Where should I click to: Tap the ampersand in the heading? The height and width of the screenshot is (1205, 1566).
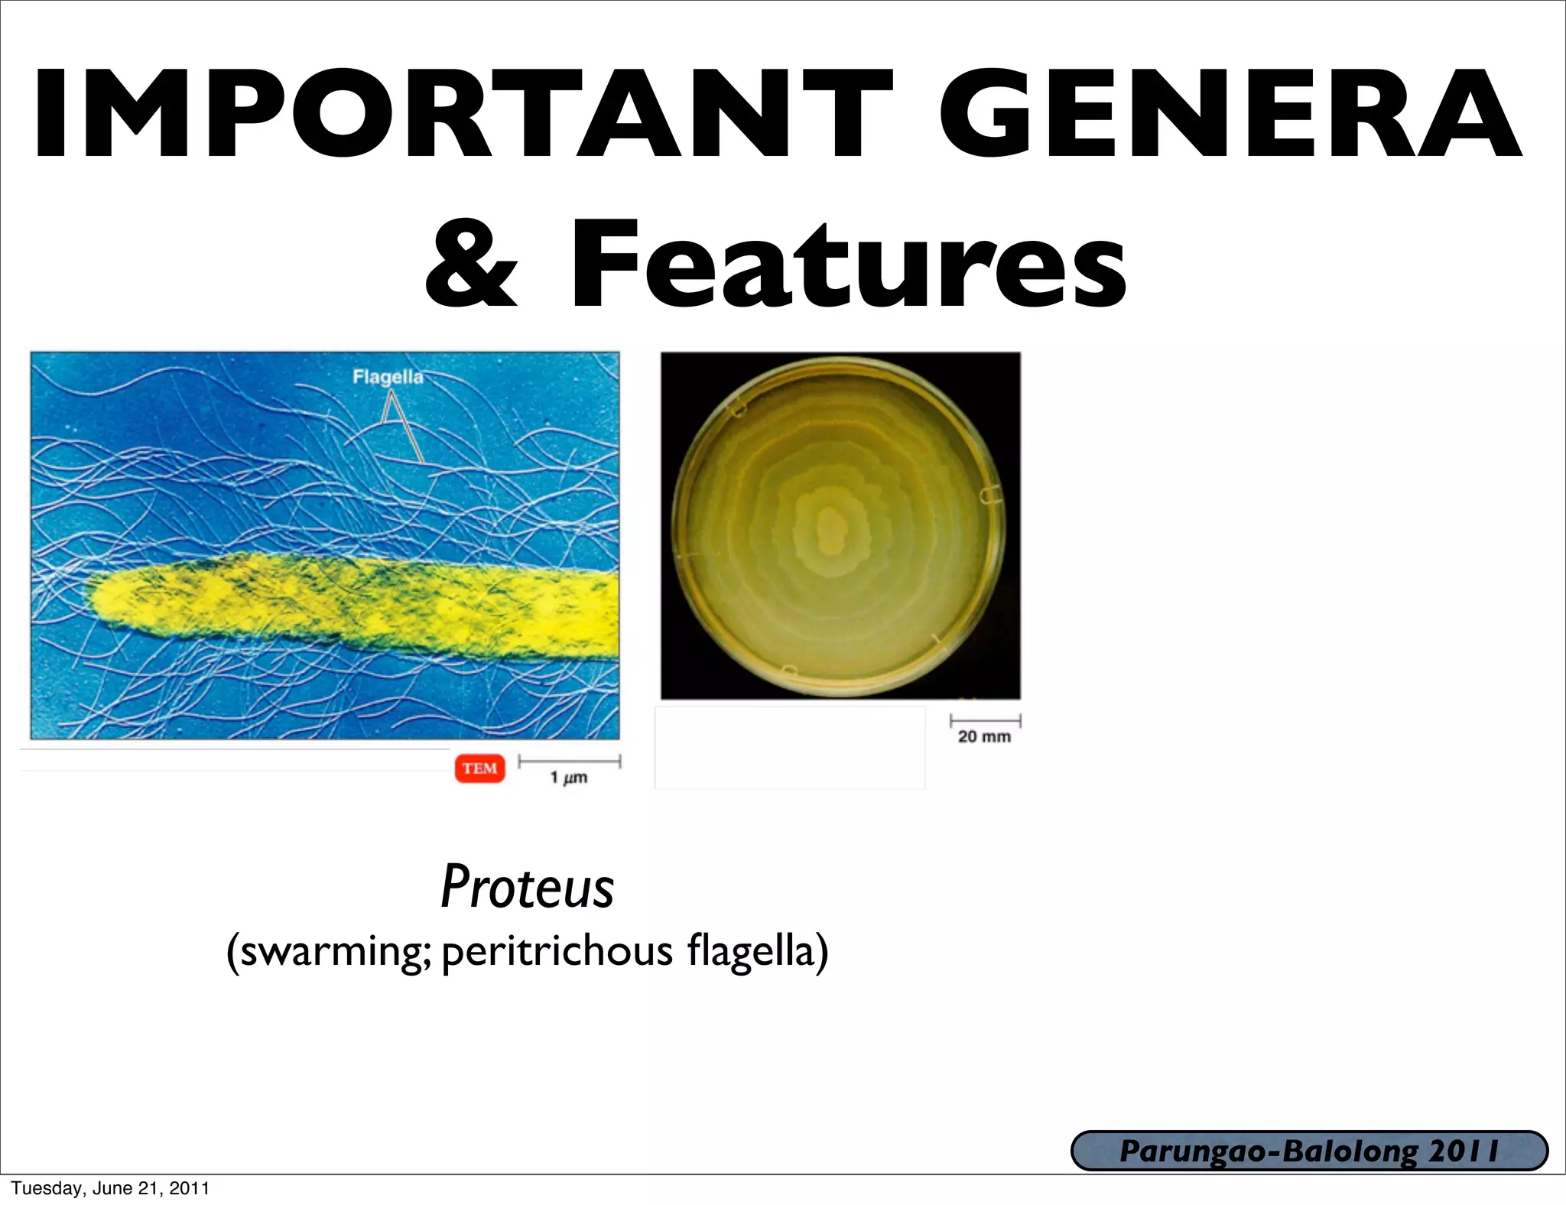[x=471, y=265]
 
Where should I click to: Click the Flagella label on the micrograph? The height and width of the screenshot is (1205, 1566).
[x=388, y=376]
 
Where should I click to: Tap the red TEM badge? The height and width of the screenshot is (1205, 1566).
[x=480, y=768]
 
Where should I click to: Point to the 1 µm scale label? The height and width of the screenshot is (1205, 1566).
[x=569, y=778]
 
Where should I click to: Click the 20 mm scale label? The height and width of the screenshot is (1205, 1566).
[x=984, y=736]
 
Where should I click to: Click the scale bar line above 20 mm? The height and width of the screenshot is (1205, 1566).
[x=985, y=720]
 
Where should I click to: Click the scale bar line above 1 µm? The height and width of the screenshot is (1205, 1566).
[x=569, y=761]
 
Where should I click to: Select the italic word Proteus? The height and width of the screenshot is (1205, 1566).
[x=527, y=887]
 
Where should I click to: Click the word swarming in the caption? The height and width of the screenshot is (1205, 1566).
[x=333, y=952]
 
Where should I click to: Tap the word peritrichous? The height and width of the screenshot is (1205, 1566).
[x=557, y=952]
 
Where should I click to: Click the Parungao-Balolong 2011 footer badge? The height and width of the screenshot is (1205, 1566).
[x=1309, y=1151]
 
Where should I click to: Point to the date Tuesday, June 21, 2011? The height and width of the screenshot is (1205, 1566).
[x=110, y=1188]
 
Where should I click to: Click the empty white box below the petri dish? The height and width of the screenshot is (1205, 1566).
[x=790, y=747]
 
